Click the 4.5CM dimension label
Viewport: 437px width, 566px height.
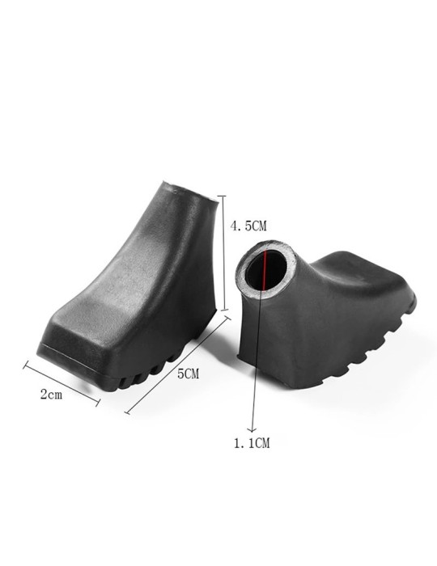point(248,227)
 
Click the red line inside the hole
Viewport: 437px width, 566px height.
point(264,268)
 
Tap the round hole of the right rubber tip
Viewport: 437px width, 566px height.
point(266,270)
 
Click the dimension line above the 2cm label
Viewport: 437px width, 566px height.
point(62,382)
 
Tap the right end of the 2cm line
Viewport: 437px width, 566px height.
point(98,402)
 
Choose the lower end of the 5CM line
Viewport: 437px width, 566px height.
point(127,412)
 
